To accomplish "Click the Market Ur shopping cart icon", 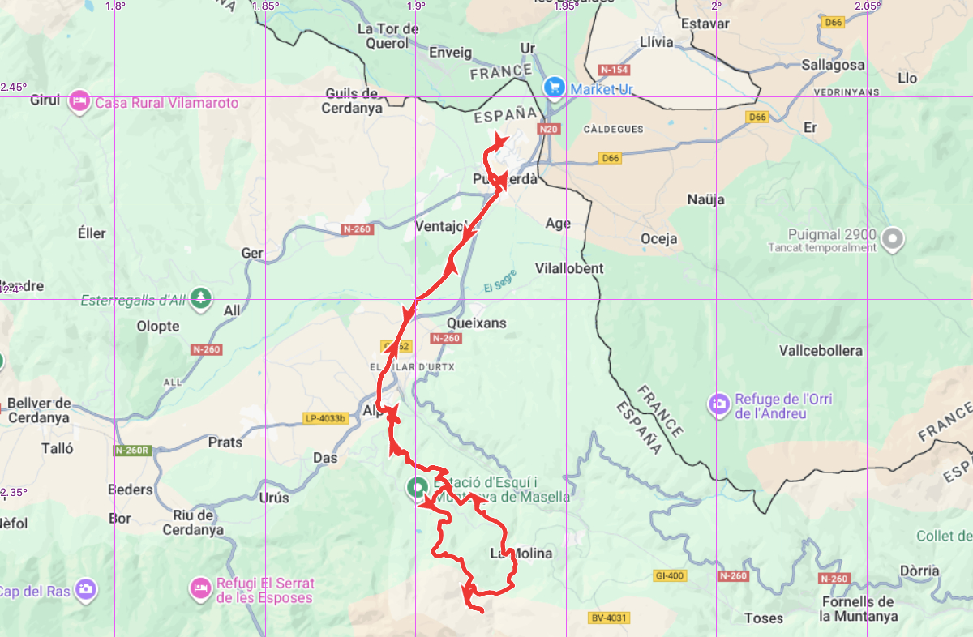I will (555, 86).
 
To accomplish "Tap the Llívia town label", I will (656, 42).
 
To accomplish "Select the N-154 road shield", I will (614, 70).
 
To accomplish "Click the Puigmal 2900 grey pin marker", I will (893, 237).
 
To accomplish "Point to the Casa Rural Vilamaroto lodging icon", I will (79, 102).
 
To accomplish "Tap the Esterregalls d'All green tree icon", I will (201, 299).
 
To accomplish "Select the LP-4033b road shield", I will (325, 419).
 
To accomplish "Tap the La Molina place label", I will (521, 554).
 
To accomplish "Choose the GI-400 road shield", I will (670, 576).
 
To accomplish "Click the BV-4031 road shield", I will (608, 618).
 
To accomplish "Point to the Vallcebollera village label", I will (821, 351).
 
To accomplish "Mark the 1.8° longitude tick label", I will (115, 6).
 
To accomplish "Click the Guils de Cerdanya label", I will (352, 100).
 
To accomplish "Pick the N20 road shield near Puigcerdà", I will (549, 129).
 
